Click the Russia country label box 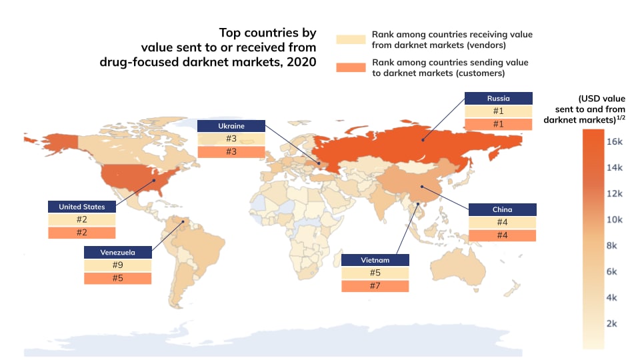click(x=498, y=98)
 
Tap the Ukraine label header click(x=231, y=125)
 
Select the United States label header click(x=81, y=207)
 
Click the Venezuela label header click(x=117, y=252)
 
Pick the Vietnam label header click(x=375, y=259)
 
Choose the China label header click(x=502, y=210)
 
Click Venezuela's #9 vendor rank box click(x=117, y=265)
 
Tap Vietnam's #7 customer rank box click(x=375, y=285)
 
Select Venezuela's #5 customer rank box click(x=117, y=278)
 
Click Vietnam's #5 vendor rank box click(x=375, y=273)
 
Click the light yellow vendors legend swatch click(x=351, y=39)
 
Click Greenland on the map click(x=220, y=120)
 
